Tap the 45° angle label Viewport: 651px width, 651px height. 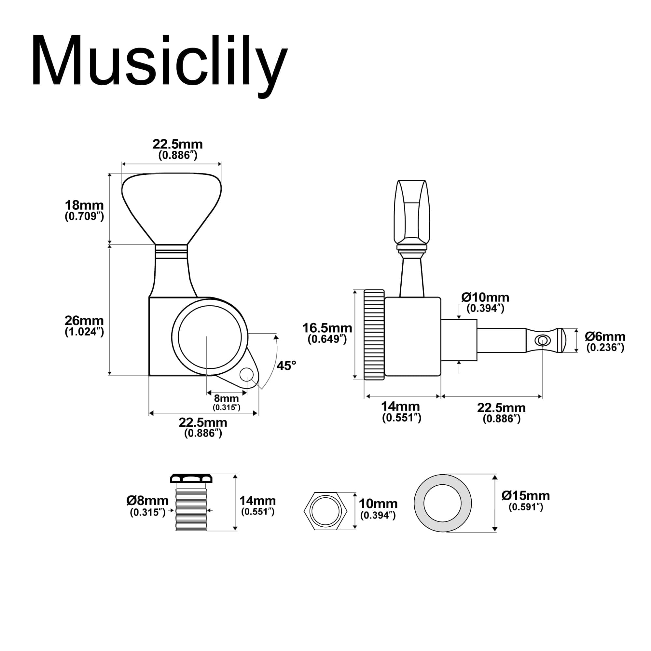tap(286, 366)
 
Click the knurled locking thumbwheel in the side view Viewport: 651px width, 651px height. tap(374, 335)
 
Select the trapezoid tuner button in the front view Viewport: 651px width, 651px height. tap(172, 209)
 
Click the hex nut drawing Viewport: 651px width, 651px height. tap(325, 511)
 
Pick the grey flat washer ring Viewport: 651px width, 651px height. tap(443, 504)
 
